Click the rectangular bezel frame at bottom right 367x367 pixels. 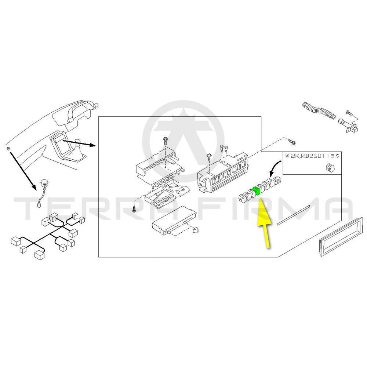pyautogui.click(x=341, y=236)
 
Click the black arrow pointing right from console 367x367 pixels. pyautogui.click(x=79, y=143)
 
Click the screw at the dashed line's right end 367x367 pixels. pyautogui.click(x=292, y=141)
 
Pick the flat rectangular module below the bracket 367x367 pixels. pyautogui.click(x=174, y=220)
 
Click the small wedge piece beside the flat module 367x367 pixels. pyautogui.click(x=195, y=230)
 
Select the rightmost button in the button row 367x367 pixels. pyautogui.click(x=277, y=181)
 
